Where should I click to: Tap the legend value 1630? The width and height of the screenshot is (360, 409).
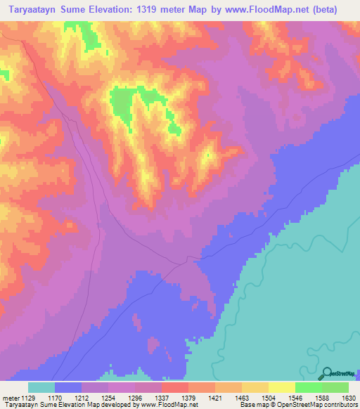[x=349, y=397]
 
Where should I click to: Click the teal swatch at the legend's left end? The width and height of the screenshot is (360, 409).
[x=41, y=387]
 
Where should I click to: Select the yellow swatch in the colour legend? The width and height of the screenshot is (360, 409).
[x=282, y=387]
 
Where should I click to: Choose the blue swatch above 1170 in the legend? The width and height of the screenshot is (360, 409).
[x=68, y=387]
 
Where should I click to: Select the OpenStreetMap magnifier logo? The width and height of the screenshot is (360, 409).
[x=327, y=373]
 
